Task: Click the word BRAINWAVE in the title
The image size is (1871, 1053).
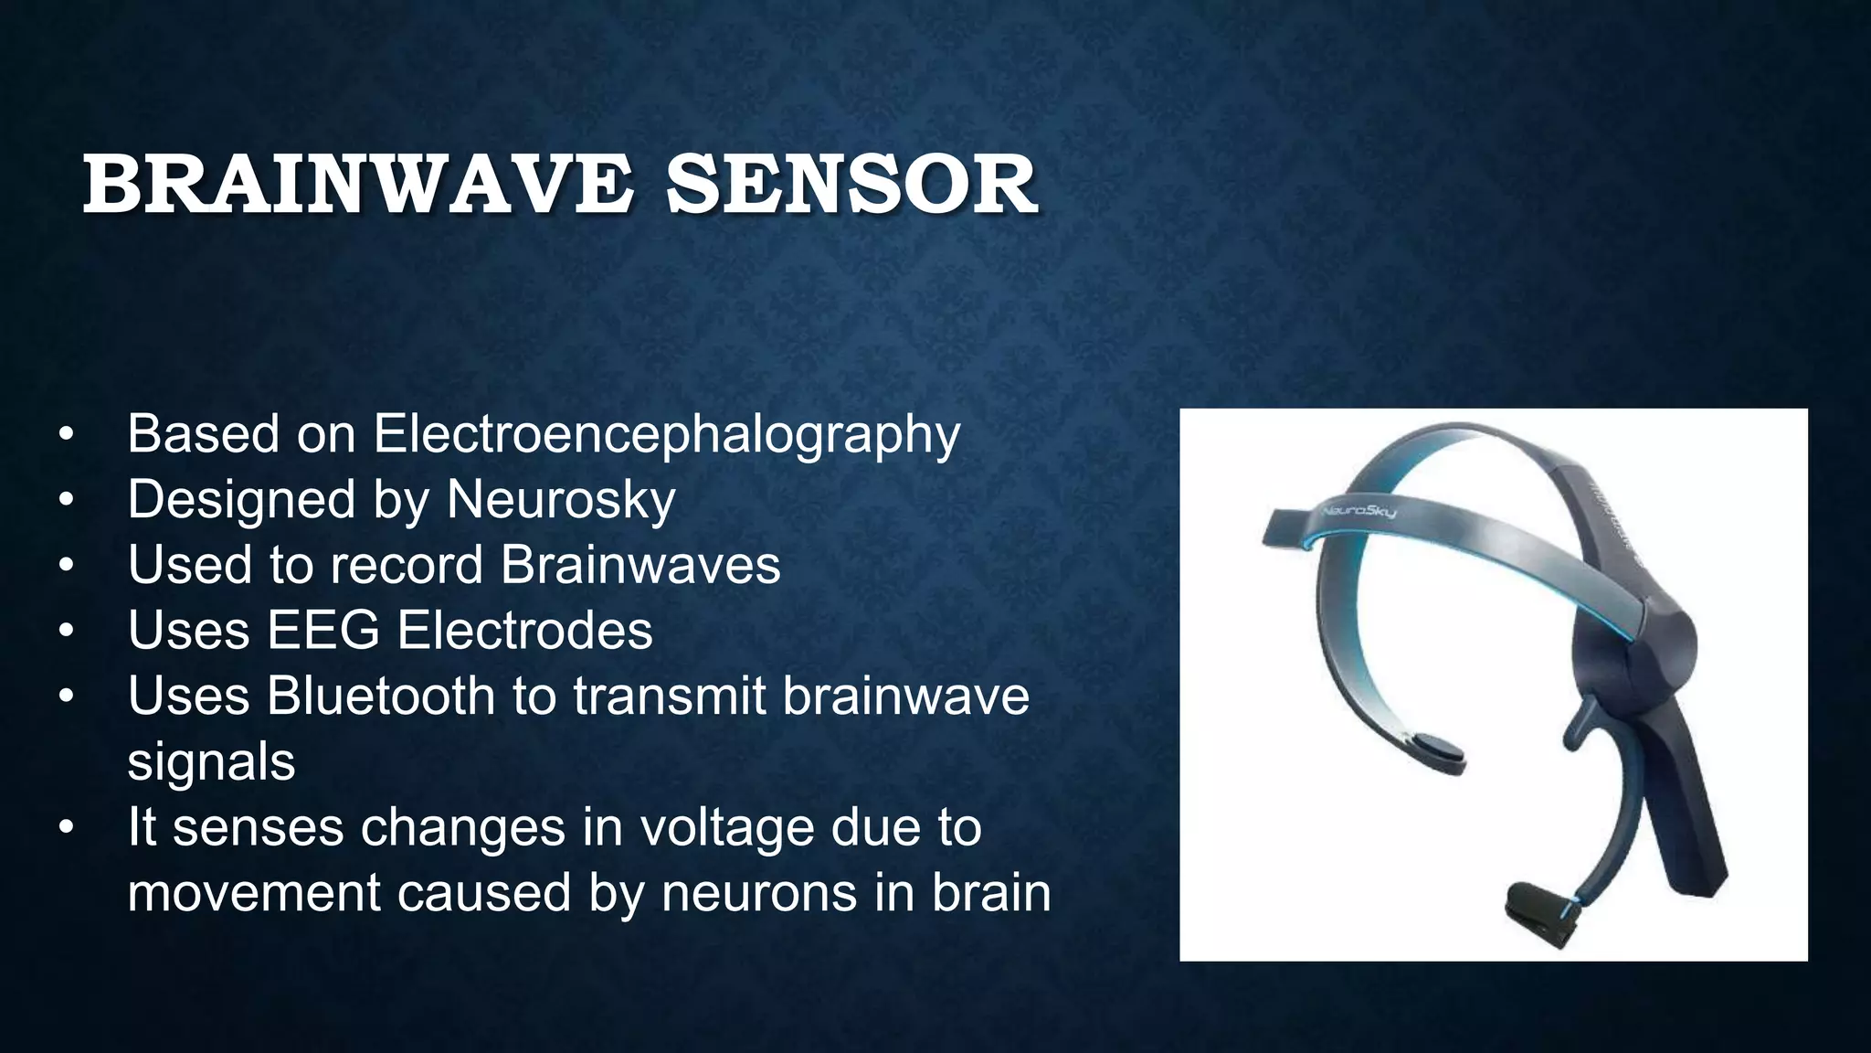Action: [357, 186]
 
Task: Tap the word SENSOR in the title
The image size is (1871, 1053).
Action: [851, 186]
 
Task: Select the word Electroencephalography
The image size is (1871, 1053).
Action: [666, 434]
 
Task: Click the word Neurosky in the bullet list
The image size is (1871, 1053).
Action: [561, 500]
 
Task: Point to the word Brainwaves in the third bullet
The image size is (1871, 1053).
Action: [640, 565]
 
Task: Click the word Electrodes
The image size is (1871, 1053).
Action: [524, 631]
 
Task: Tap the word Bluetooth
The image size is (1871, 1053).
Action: [380, 696]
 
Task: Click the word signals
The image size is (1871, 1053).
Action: [211, 761]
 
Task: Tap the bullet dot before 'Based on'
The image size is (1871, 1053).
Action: [65, 435]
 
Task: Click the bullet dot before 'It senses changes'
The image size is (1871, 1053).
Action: [65, 828]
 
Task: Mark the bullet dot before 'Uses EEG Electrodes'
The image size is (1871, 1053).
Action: [65, 632]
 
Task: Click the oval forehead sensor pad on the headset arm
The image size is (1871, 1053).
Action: [1432, 749]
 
